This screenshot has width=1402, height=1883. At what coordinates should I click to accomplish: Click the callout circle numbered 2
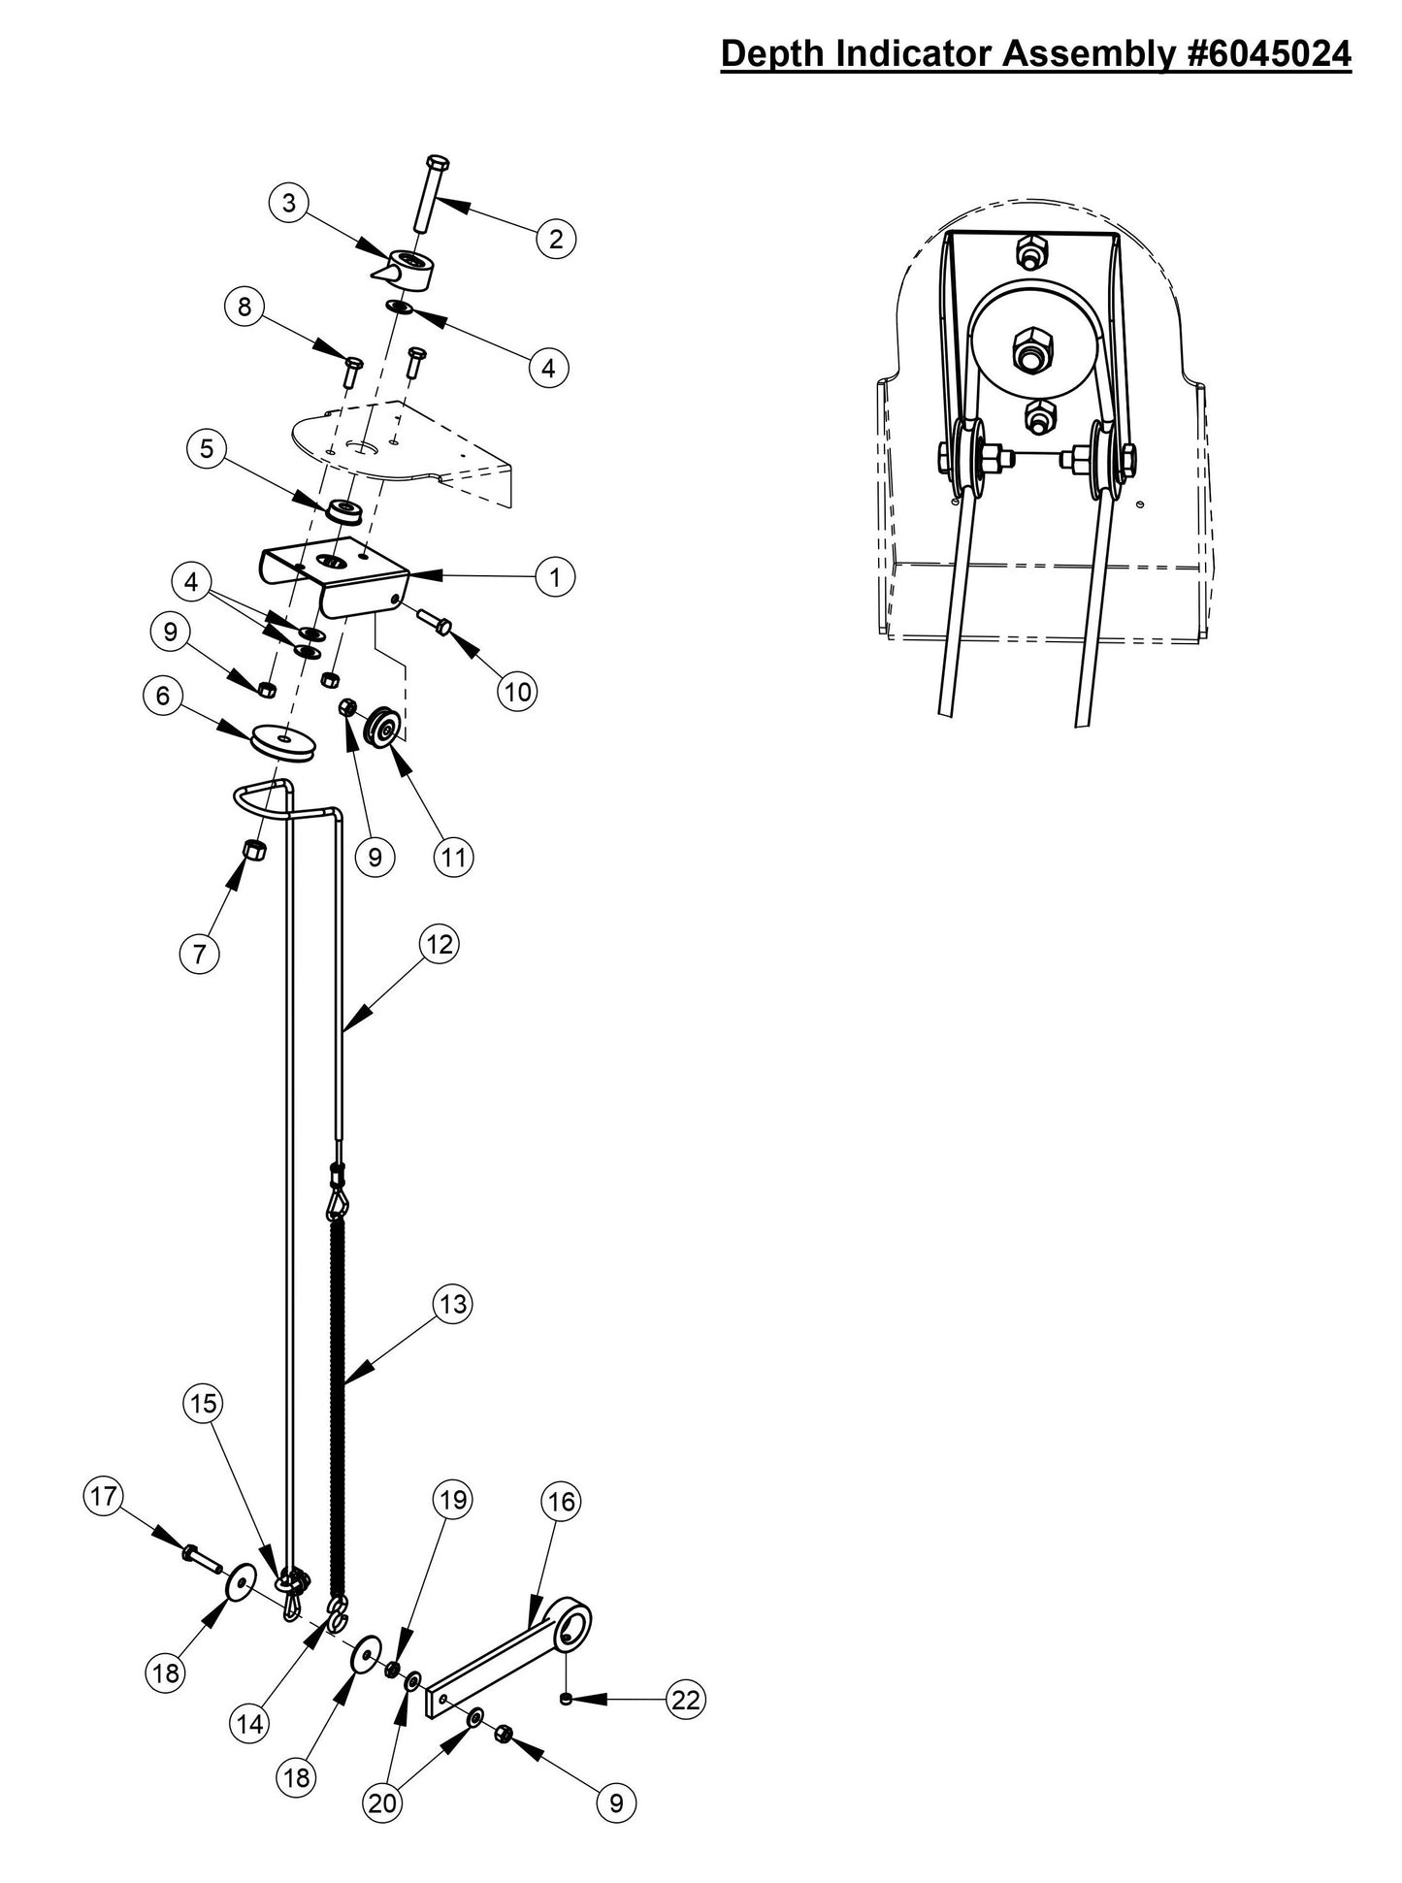(556, 239)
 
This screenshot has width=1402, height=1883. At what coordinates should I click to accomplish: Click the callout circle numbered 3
(288, 205)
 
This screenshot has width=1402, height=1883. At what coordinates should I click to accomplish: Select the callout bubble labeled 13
(453, 1305)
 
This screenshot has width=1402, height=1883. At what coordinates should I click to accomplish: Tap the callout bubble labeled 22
(685, 1700)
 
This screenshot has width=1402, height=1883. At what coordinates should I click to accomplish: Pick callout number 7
(199, 954)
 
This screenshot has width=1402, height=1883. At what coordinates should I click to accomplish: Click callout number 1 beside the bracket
(555, 577)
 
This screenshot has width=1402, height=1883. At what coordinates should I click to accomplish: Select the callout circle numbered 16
(562, 1502)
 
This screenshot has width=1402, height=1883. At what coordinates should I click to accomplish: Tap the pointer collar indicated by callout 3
(405, 268)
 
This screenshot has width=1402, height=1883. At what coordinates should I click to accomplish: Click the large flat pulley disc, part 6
(282, 743)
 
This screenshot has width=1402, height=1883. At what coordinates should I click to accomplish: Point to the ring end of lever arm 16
(571, 1623)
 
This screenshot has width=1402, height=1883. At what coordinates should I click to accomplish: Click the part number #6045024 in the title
(1269, 54)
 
